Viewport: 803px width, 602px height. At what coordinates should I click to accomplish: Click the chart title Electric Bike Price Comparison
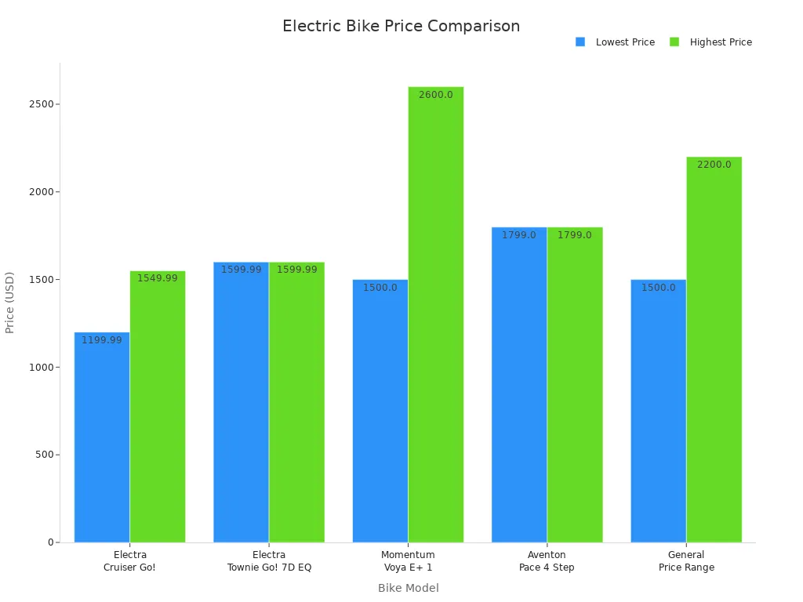click(x=401, y=26)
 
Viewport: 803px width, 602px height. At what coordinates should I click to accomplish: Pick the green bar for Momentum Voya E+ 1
click(x=436, y=314)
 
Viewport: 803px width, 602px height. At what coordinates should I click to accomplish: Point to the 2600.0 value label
click(x=435, y=95)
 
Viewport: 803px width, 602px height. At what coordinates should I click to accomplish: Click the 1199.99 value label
click(x=102, y=340)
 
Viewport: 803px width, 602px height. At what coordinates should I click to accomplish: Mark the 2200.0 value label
click(x=714, y=165)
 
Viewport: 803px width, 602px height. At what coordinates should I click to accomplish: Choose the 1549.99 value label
click(x=158, y=278)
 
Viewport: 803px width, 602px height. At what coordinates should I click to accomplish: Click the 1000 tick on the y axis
click(x=38, y=367)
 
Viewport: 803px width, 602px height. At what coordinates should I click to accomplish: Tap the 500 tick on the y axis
click(x=41, y=455)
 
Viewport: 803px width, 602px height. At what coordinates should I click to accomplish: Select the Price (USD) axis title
click(x=10, y=303)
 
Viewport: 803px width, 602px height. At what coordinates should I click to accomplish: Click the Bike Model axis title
click(x=408, y=588)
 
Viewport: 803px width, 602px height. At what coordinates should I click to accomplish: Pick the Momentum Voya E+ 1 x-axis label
click(x=408, y=561)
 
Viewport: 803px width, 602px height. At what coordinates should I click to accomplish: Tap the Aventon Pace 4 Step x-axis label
click(x=547, y=561)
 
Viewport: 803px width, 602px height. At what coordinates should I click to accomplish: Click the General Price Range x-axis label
click(x=686, y=561)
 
